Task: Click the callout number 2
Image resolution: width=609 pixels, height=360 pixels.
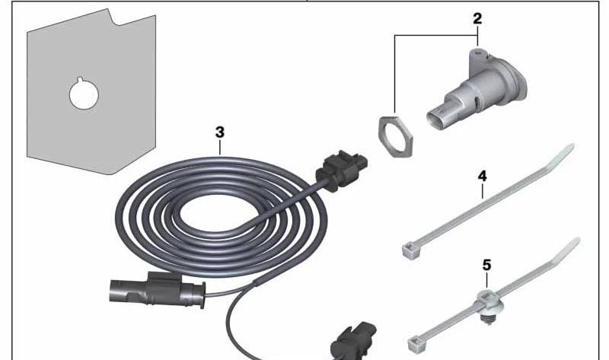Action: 477,18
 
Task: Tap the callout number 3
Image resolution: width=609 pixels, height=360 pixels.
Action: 220,132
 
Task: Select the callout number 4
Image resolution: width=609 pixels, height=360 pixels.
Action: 482,177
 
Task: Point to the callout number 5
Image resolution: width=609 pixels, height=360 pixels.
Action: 486,265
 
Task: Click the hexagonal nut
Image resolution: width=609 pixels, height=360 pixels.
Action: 395,137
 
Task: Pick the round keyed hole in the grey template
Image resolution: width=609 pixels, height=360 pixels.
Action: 84,94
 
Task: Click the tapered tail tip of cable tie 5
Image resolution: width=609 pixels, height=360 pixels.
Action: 577,241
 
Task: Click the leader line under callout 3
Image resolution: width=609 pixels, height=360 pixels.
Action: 220,148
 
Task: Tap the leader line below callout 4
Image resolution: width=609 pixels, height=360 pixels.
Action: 483,191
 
